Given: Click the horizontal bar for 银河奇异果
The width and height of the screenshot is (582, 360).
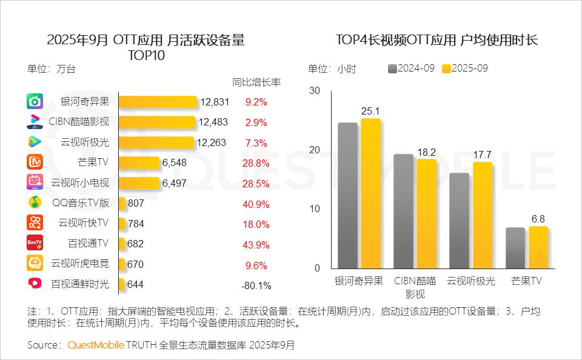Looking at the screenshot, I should coord(158,102).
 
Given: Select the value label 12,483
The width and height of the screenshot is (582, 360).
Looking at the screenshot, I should coord(213,122).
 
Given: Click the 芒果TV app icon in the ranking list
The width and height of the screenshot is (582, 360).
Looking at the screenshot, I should coord(35,162).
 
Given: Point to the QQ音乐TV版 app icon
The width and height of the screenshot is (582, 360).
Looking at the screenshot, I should coord(35,203).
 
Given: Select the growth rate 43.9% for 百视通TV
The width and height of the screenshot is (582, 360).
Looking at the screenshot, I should coord(256,244).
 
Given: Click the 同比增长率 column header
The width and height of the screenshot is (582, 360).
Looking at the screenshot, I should coord(256,82).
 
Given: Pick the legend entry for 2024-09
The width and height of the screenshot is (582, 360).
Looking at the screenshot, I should coord(411,68).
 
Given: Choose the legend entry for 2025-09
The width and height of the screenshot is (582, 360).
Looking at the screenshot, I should coord(465,68).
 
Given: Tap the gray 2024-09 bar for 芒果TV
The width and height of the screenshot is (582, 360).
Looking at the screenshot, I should coord(515,248).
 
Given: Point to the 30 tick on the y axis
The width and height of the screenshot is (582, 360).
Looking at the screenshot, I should coord(314,90).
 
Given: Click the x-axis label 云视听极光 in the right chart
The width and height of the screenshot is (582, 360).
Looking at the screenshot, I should coord(471,281).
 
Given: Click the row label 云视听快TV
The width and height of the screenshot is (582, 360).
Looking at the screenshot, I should coord(83,223).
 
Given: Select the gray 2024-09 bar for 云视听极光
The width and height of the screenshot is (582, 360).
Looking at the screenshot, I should coord(460,221).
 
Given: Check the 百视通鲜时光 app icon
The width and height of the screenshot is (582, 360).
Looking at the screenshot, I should coord(35,284).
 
